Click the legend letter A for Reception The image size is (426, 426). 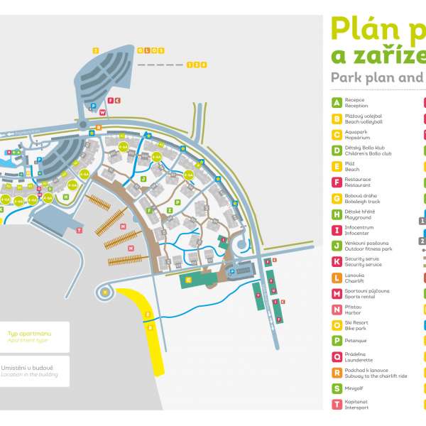coord(337,103)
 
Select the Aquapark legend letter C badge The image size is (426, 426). coord(337,134)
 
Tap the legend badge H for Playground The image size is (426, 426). coord(337,214)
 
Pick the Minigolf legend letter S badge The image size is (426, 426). coord(337,388)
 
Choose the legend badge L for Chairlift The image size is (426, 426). coord(337,278)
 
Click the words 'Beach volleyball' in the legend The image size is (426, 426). coord(364,122)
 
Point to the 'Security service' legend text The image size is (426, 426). coord(362,265)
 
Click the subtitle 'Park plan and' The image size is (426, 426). coord(376,77)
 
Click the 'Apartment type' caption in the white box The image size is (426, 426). coord(26,341)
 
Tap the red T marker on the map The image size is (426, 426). coord(80,230)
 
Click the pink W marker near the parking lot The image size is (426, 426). coord(103,112)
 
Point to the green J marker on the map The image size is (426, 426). coord(143,180)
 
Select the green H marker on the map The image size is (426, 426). coord(66,197)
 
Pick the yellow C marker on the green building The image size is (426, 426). coord(188,280)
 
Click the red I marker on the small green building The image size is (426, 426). coord(222,240)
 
